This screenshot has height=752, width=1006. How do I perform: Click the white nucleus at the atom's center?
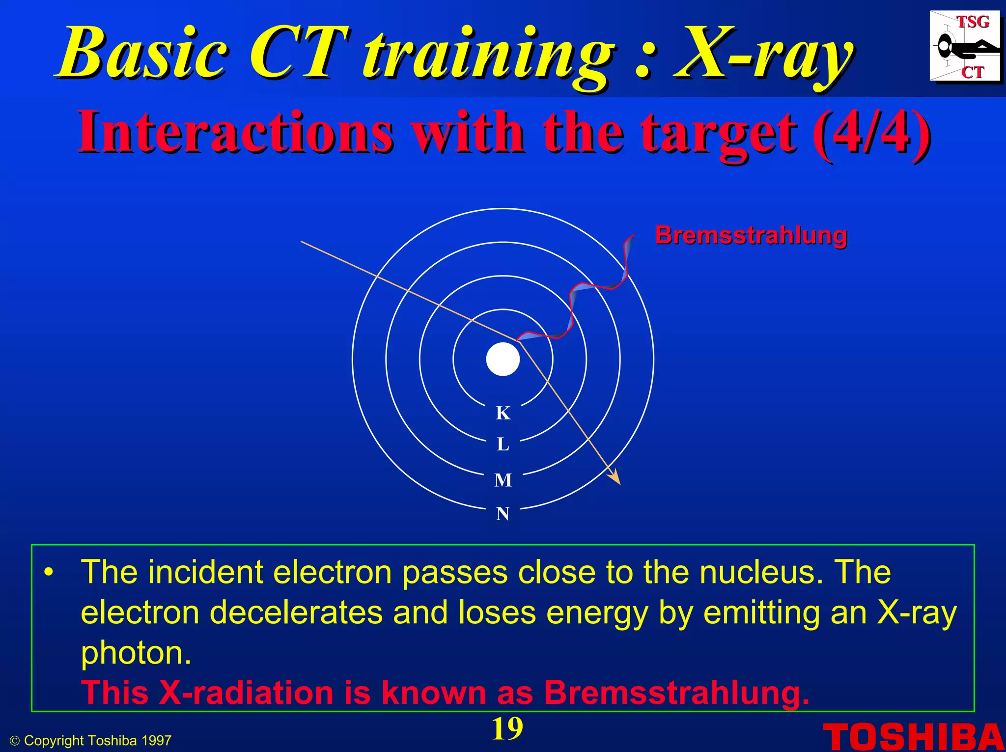point(503,359)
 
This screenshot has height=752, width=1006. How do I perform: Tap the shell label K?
point(503,413)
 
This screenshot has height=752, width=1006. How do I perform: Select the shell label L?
point(503,445)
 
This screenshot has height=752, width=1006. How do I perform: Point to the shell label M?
point(503,480)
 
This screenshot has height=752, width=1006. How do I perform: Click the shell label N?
point(503,514)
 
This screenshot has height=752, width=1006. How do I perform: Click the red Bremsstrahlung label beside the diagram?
point(751,235)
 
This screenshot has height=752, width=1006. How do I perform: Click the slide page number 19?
point(507,729)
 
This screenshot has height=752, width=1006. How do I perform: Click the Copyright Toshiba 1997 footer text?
point(91,741)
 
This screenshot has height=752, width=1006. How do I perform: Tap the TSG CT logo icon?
point(965,47)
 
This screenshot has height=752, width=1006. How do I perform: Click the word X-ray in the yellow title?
point(764,54)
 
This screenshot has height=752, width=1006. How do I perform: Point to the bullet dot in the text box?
point(48,573)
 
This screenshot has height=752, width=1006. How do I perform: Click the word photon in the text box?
point(136,653)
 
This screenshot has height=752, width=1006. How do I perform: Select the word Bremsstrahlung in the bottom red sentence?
point(676,693)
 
